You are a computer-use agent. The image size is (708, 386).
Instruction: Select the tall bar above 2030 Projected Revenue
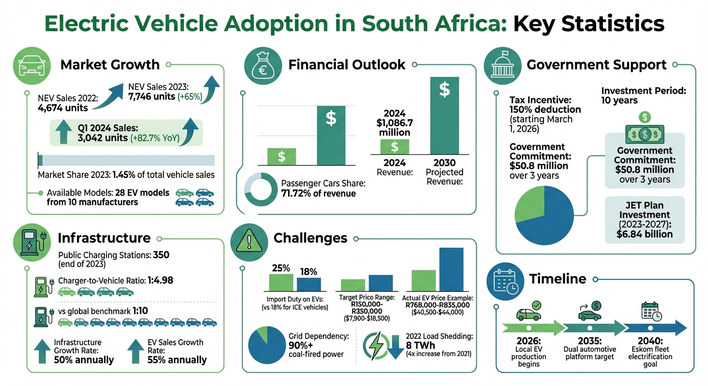coord(445,115)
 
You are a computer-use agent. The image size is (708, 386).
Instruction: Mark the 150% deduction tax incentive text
coord(545,109)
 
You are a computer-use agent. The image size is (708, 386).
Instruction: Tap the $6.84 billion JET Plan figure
coord(644,234)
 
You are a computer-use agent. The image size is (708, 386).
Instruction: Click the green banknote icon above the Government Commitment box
coord(644,134)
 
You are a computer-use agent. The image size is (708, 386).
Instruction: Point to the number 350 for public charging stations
coord(161,255)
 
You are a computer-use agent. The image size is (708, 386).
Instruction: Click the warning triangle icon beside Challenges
coord(245,238)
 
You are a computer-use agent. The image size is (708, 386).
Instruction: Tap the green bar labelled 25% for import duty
coord(281,282)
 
